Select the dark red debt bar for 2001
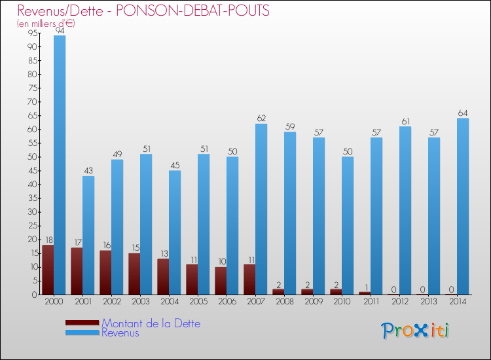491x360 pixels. (x=77, y=271)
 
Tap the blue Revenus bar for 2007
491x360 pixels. (x=261, y=209)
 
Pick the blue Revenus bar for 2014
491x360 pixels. (x=463, y=206)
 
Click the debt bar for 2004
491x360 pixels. (x=163, y=276)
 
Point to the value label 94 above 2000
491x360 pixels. (x=60, y=31)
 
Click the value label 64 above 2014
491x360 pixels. (x=463, y=113)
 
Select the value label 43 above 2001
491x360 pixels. (x=88, y=171)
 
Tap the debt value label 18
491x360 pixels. (x=48, y=240)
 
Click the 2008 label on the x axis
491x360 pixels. (x=284, y=302)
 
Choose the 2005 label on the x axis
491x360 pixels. (x=198, y=302)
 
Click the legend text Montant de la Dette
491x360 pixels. (x=151, y=323)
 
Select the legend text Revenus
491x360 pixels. (x=120, y=333)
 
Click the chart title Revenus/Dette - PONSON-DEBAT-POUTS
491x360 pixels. (x=143, y=11)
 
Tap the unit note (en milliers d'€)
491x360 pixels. (x=46, y=24)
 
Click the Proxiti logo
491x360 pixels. (x=416, y=330)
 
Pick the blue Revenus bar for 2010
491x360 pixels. (x=348, y=226)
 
